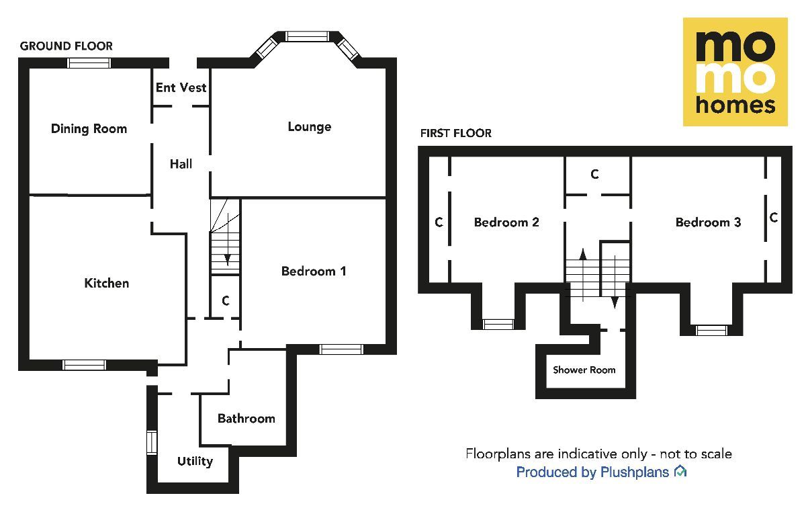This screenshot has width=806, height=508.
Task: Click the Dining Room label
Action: (x=89, y=129)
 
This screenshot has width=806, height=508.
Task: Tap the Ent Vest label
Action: (x=181, y=88)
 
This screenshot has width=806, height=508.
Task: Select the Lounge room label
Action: (x=309, y=127)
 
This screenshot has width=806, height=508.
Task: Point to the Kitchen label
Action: (x=106, y=284)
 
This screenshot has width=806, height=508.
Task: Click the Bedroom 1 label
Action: (x=314, y=271)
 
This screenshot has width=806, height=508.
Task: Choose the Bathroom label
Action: (x=246, y=419)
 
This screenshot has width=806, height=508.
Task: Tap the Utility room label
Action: (x=195, y=461)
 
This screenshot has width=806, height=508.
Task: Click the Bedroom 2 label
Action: (x=506, y=222)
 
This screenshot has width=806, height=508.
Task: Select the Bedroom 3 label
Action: (x=708, y=222)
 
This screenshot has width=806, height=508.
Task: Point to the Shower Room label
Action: (x=584, y=370)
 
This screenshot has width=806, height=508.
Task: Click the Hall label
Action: (x=181, y=164)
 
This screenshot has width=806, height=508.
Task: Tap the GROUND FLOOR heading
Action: (x=66, y=46)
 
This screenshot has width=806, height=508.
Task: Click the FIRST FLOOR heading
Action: (x=455, y=133)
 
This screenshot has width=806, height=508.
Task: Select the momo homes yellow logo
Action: (x=735, y=72)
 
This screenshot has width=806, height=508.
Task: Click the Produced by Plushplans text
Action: (x=592, y=472)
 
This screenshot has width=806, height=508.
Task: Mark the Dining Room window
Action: (x=89, y=63)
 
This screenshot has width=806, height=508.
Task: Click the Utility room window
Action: (x=152, y=443)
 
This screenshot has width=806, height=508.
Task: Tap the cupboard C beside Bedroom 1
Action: (x=226, y=301)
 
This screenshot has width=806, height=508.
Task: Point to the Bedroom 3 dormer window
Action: (x=711, y=330)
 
